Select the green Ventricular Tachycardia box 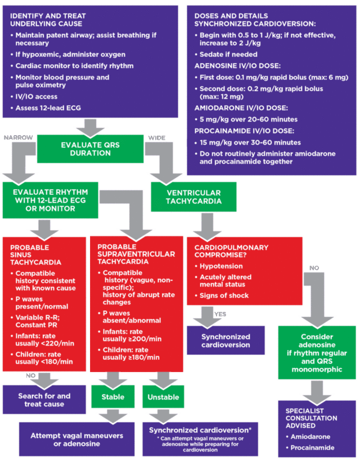(x=186, y=196)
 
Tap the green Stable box (x=113, y=397)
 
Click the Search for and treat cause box (x=44, y=400)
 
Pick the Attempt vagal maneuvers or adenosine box (x=78, y=440)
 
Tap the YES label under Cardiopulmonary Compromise (x=220, y=314)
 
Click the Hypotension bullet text (x=221, y=266)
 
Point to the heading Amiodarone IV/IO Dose (x=241, y=107)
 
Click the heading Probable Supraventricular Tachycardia (x=136, y=254)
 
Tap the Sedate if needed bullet (x=225, y=55)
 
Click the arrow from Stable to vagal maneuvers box (x=113, y=415)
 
